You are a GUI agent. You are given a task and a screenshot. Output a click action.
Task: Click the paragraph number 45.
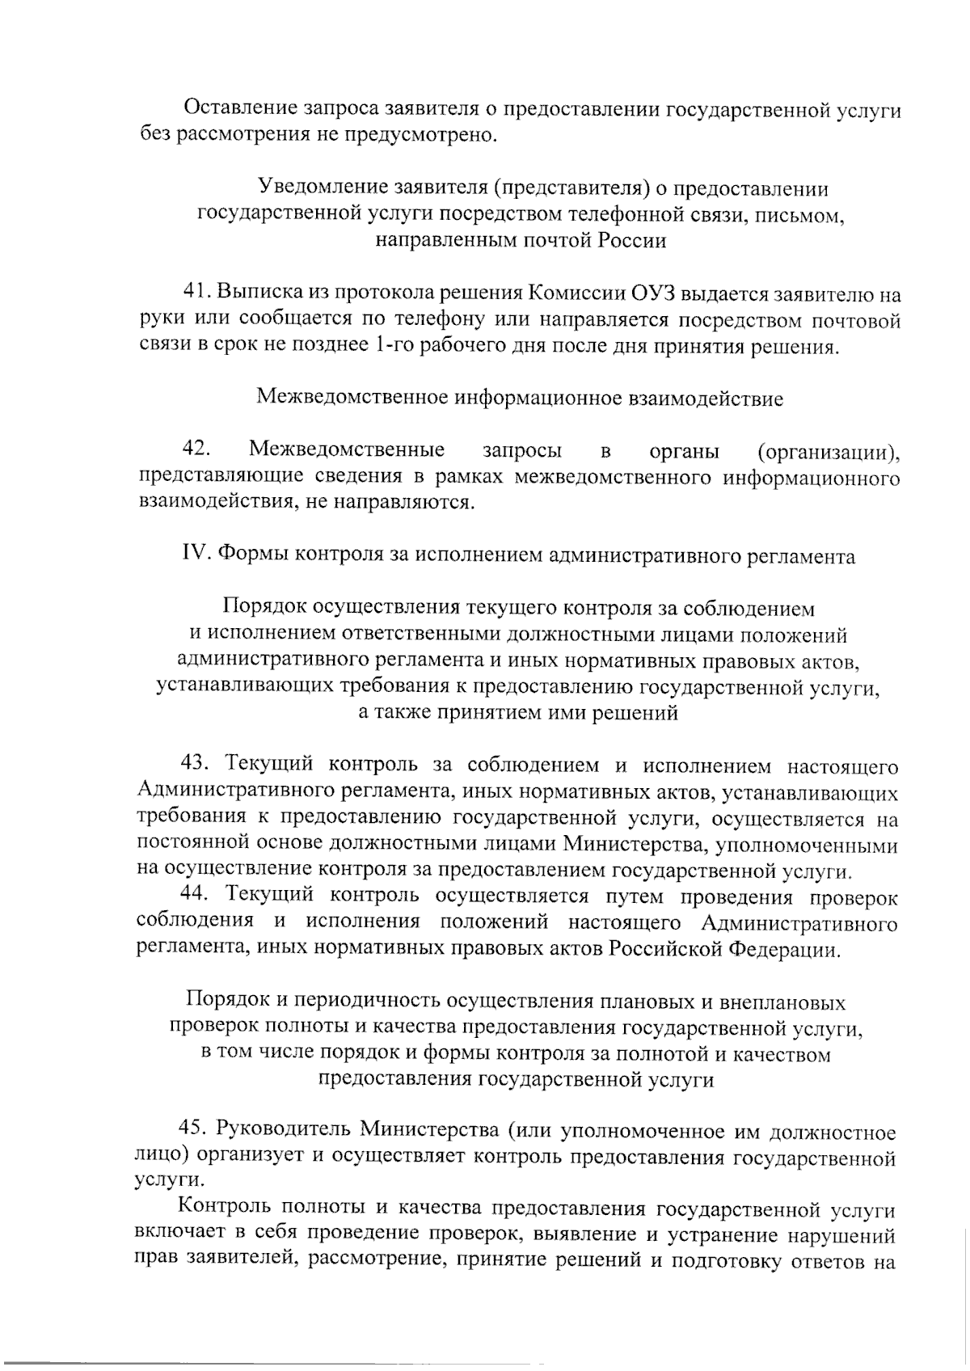pos(194,1131)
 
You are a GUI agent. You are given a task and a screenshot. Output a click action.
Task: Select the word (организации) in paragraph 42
pos(829,450)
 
